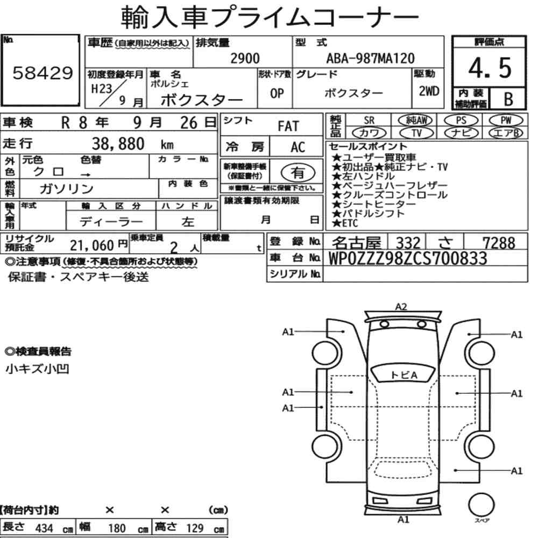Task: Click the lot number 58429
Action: pyautogui.click(x=43, y=73)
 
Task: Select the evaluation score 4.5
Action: pyautogui.click(x=490, y=68)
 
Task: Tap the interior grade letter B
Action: pyautogui.click(x=508, y=99)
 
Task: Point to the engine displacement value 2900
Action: pyautogui.click(x=245, y=58)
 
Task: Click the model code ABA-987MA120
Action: pyautogui.click(x=370, y=58)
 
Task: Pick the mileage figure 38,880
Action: pyautogui.click(x=118, y=144)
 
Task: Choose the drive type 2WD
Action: pyautogui.click(x=429, y=91)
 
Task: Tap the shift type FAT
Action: pyautogui.click(x=288, y=126)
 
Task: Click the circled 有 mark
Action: pyautogui.click(x=298, y=173)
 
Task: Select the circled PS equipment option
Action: pyautogui.click(x=461, y=121)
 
